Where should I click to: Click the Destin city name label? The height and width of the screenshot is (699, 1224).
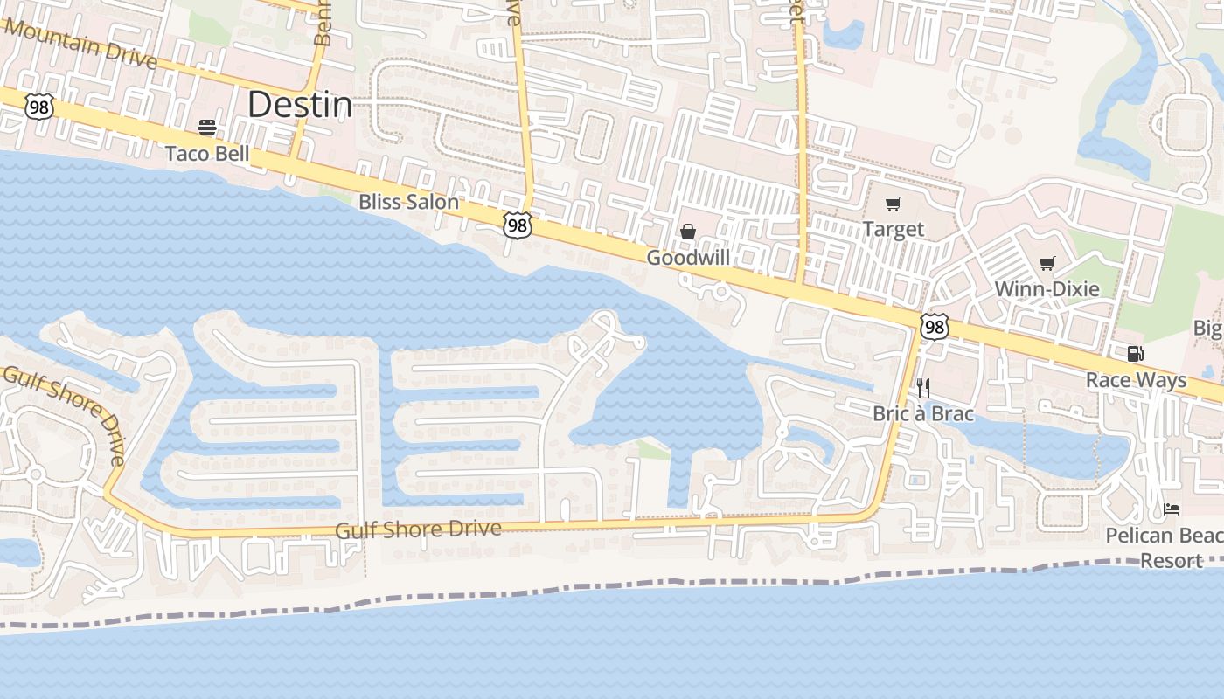pyautogui.click(x=300, y=105)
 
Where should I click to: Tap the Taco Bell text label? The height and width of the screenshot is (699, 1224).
pyautogui.click(x=207, y=154)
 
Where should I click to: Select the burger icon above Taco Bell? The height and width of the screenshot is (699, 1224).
pyautogui.click(x=207, y=128)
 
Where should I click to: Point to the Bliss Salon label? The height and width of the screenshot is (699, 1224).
pyautogui.click(x=408, y=202)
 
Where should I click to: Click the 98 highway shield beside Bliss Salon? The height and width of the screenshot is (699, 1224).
pyautogui.click(x=518, y=225)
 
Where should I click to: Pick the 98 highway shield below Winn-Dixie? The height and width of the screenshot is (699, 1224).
pyautogui.click(x=934, y=327)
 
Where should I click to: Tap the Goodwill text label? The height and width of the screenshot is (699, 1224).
pyautogui.click(x=688, y=258)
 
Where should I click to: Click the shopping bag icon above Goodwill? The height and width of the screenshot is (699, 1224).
pyautogui.click(x=688, y=232)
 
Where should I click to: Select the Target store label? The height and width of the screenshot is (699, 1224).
pyautogui.click(x=893, y=229)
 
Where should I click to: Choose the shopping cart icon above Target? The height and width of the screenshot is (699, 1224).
pyautogui.click(x=893, y=204)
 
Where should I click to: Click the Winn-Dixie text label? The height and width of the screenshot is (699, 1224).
pyautogui.click(x=1047, y=289)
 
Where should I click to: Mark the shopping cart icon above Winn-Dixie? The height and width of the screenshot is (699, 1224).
pyautogui.click(x=1047, y=264)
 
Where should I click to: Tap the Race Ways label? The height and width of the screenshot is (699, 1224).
pyautogui.click(x=1136, y=380)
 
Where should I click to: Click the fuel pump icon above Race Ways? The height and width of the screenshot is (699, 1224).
pyautogui.click(x=1135, y=354)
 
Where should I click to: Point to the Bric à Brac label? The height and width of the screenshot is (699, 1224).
pyautogui.click(x=923, y=413)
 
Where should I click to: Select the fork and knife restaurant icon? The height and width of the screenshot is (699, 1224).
pyautogui.click(x=922, y=388)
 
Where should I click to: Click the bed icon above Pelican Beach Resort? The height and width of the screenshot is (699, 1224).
pyautogui.click(x=1172, y=509)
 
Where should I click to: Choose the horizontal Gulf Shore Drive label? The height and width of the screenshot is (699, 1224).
pyautogui.click(x=419, y=529)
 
